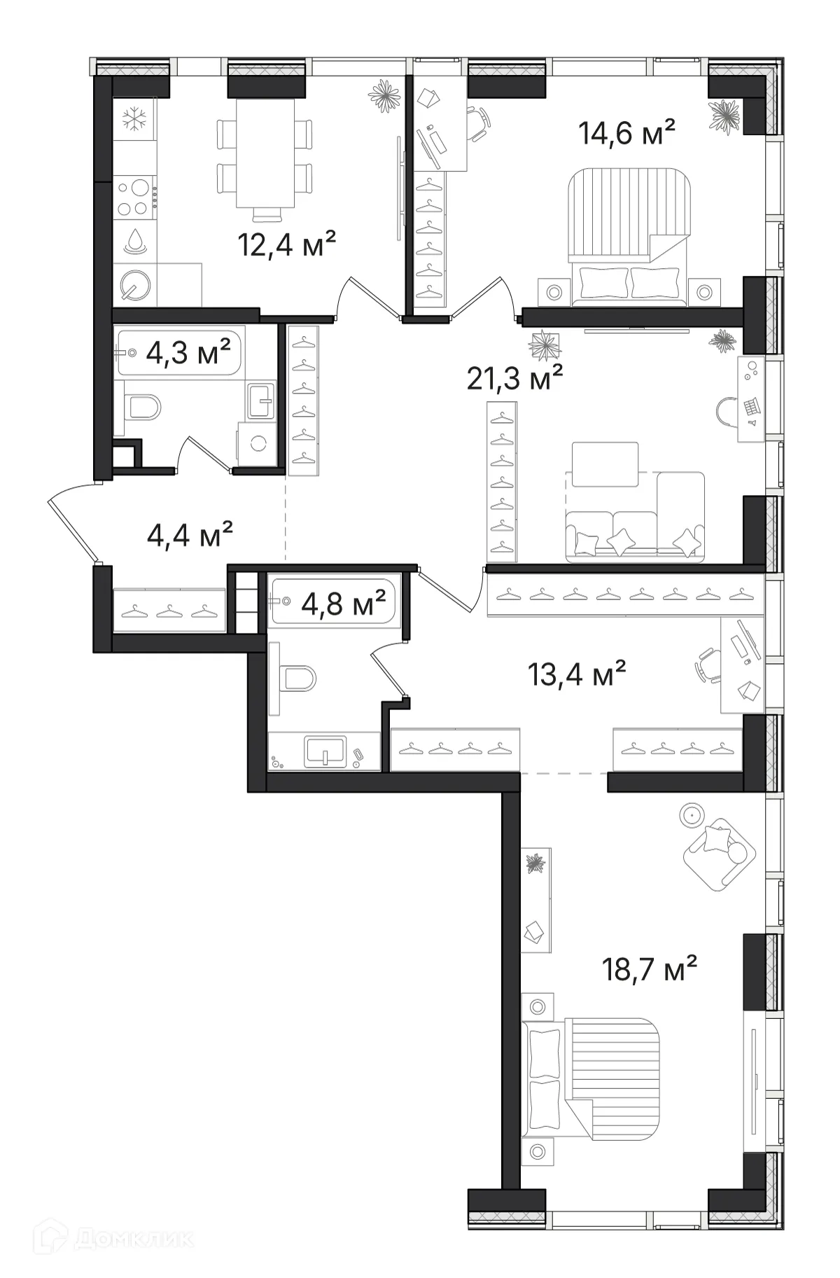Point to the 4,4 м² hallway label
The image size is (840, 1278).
click(x=190, y=536)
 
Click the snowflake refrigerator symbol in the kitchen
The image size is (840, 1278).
click(x=134, y=118)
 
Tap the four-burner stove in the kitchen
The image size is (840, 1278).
click(x=134, y=198)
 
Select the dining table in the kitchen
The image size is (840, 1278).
click(x=263, y=153)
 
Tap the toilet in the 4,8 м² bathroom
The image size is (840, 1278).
click(x=297, y=678)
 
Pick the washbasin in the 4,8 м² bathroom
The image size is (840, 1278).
click(x=325, y=751)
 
